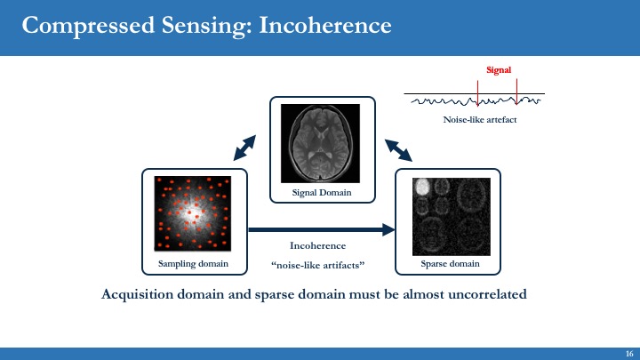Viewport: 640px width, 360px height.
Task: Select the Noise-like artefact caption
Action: click(479, 119)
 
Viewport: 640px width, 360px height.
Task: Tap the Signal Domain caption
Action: click(322, 193)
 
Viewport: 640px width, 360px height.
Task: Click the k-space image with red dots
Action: click(193, 212)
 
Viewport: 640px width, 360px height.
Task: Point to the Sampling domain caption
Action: click(193, 264)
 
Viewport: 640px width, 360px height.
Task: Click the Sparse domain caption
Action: click(449, 264)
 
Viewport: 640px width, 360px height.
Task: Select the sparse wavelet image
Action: click(449, 212)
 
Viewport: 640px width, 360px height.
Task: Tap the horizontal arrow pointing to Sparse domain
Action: click(320, 230)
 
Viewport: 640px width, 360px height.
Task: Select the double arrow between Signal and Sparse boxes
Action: click(398, 149)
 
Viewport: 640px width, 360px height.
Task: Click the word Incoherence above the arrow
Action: click(317, 245)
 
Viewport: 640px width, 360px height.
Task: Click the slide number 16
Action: click(628, 353)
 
